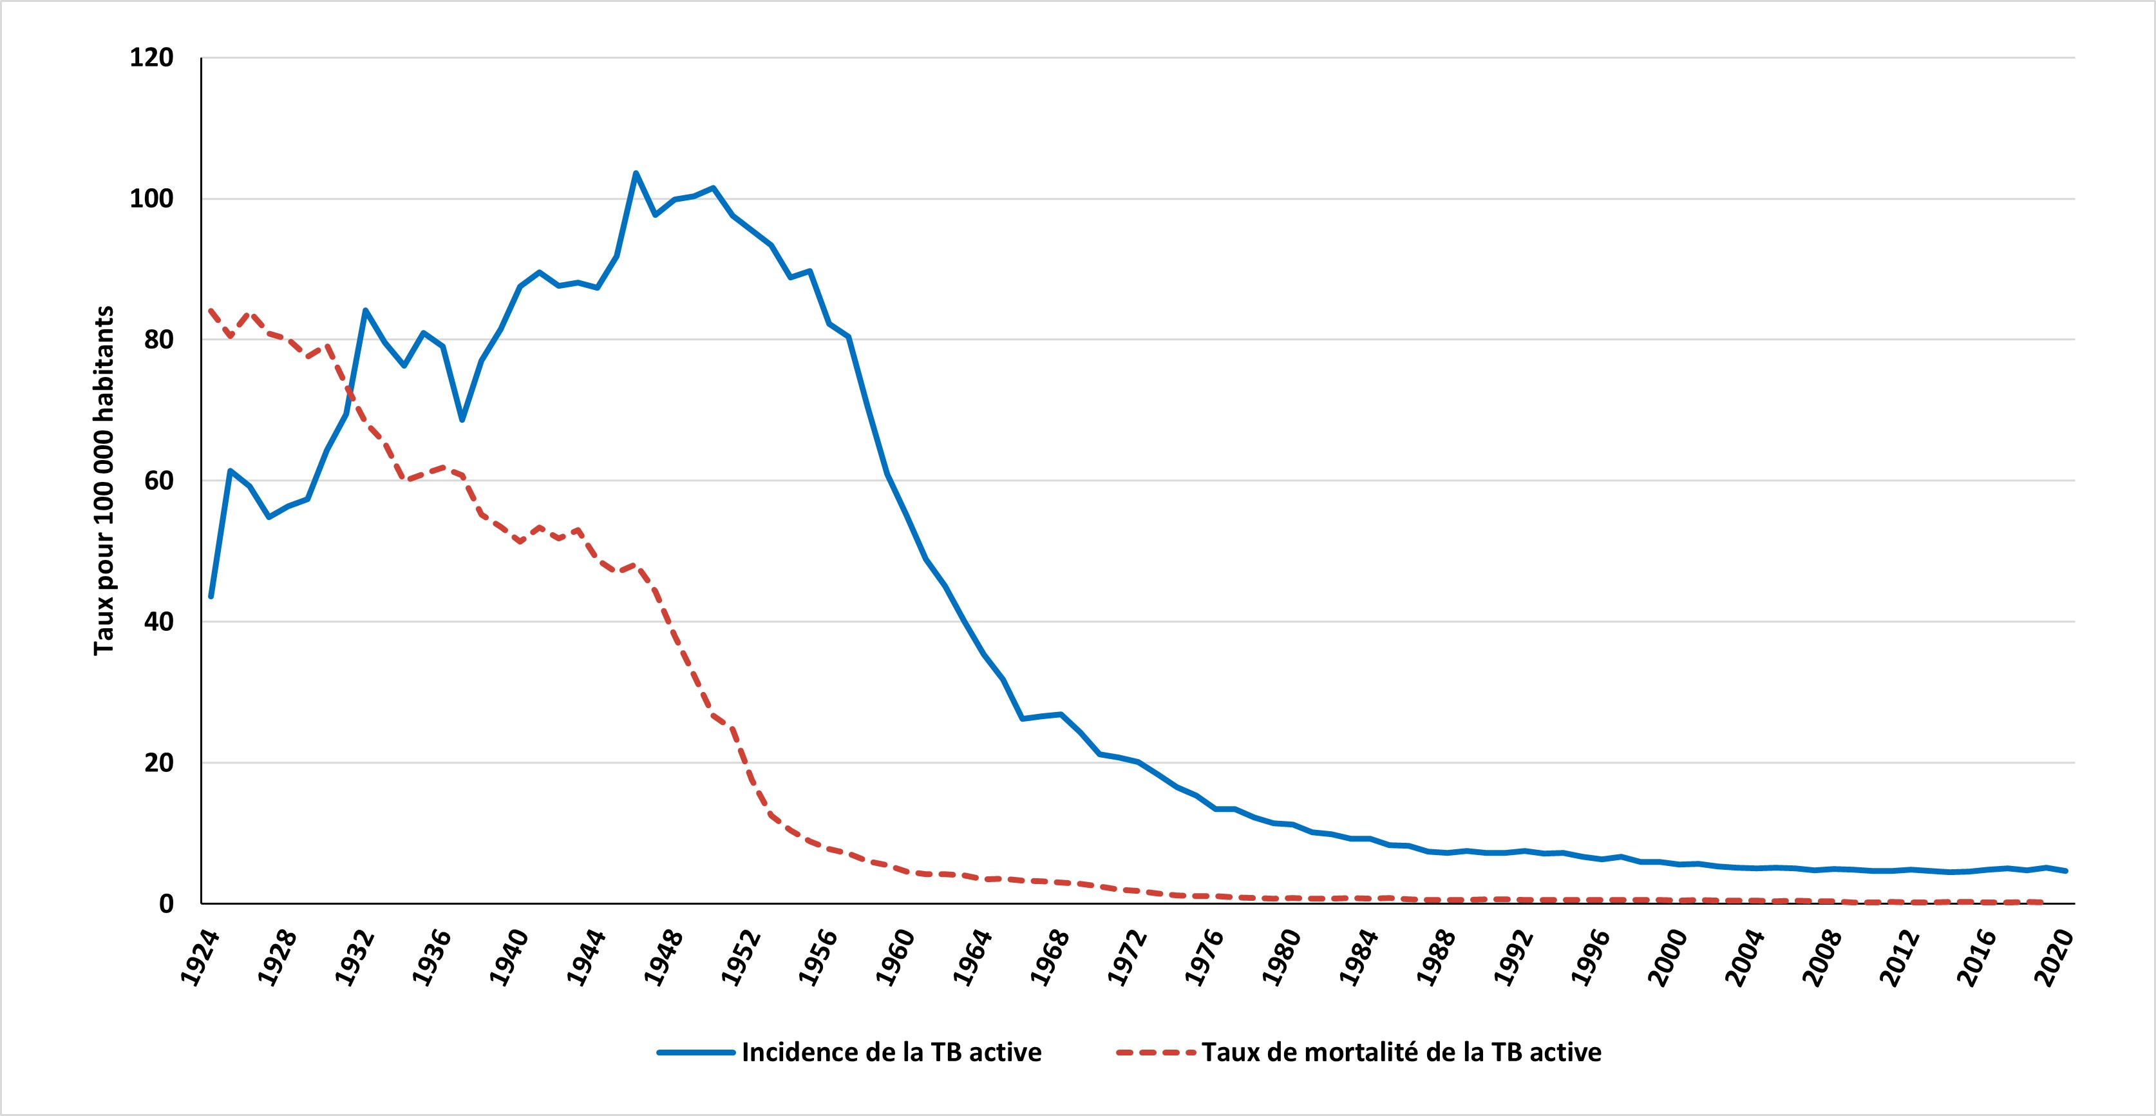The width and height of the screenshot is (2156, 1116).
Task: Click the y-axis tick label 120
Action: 151,58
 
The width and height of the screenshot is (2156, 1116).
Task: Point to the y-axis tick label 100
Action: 151,199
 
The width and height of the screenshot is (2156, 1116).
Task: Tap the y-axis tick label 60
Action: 158,481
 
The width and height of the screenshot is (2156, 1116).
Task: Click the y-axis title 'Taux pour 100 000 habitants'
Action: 104,481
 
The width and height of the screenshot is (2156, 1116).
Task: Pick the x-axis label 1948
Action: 665,957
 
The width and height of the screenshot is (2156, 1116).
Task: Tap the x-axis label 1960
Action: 896,957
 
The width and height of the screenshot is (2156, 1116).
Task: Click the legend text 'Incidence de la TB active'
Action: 891,1052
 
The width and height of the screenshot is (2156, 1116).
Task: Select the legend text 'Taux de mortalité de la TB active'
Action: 1401,1052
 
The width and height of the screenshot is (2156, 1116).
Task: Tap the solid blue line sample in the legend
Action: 695,1052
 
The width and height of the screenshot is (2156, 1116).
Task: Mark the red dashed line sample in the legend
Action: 1155,1052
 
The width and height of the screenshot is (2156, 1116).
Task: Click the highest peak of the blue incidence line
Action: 635,173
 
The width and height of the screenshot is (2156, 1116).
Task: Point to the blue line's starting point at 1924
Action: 211,596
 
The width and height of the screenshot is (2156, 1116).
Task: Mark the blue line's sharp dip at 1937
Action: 462,419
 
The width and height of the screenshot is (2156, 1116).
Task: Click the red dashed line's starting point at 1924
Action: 211,311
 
